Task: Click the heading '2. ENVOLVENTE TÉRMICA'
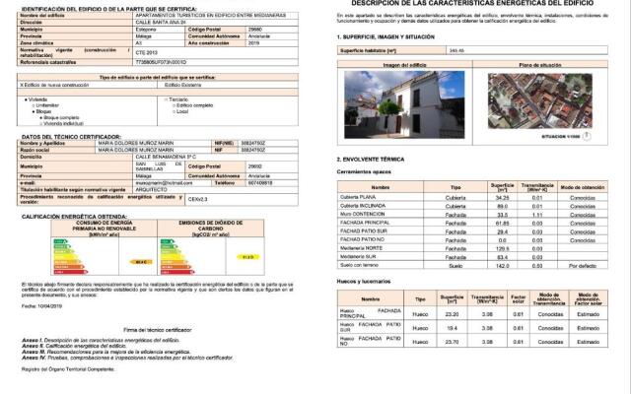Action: click(371, 159)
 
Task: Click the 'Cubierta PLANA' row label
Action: click(357, 197)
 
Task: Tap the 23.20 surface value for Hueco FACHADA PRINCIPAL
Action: click(452, 313)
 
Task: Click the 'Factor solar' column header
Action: click(516, 298)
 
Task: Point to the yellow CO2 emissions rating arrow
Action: click(247, 256)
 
